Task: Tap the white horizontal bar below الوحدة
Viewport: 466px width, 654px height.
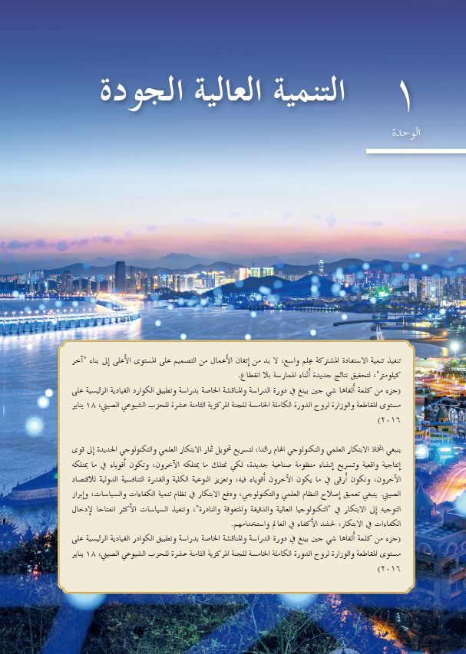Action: tap(415, 152)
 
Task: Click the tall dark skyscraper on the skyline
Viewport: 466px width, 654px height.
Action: tap(120, 276)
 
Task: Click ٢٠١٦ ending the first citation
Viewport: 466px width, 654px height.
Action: tap(389, 421)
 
